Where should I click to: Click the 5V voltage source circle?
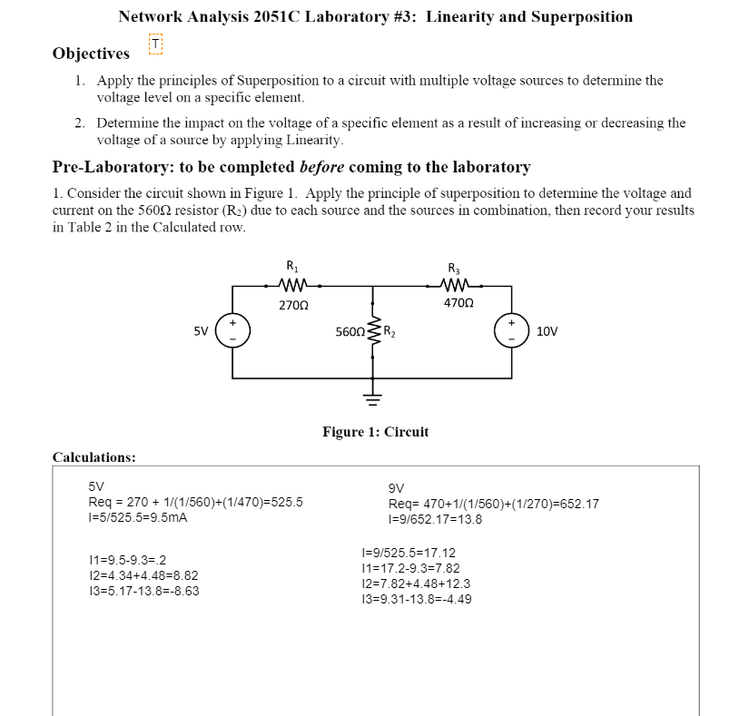pyautogui.click(x=232, y=331)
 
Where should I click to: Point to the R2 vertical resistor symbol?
pyautogui.click(x=373, y=332)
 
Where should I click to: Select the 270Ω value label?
pyautogui.click(x=293, y=305)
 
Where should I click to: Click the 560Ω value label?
pyautogui.click(x=350, y=332)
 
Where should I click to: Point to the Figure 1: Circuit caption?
pyautogui.click(x=375, y=432)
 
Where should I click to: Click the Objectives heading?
pyautogui.click(x=91, y=54)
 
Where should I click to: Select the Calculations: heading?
pyautogui.click(x=94, y=457)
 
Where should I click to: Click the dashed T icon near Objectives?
pyautogui.click(x=155, y=44)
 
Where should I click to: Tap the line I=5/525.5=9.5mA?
pyautogui.click(x=138, y=518)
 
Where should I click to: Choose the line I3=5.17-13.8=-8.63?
pyautogui.click(x=143, y=591)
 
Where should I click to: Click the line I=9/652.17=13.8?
pyautogui.click(x=435, y=519)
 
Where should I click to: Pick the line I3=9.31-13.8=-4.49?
pyautogui.click(x=417, y=599)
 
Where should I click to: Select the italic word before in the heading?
pyautogui.click(x=321, y=167)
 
